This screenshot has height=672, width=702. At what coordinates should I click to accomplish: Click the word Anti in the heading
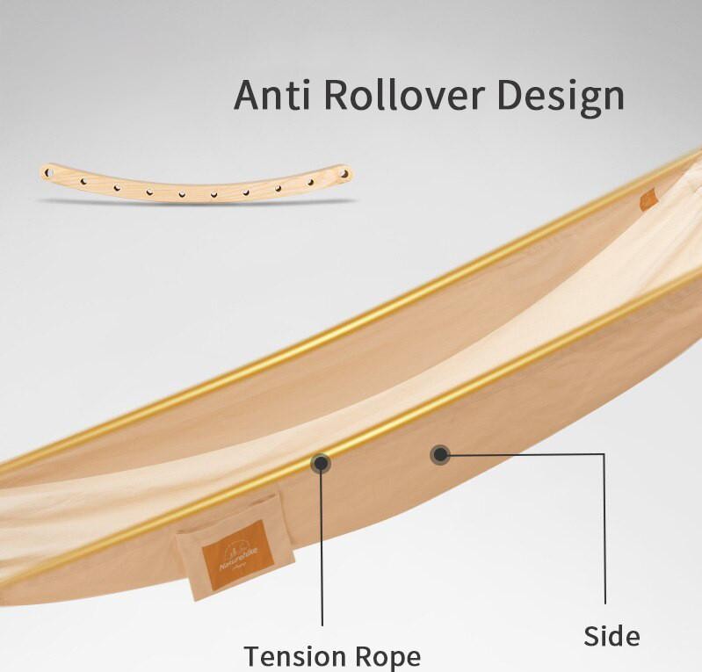pyautogui.click(x=271, y=95)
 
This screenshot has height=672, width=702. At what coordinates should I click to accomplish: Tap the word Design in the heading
pyautogui.click(x=561, y=98)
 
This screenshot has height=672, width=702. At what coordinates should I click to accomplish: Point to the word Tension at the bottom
pyautogui.click(x=295, y=656)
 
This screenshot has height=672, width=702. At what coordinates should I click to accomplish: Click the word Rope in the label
pyautogui.click(x=388, y=657)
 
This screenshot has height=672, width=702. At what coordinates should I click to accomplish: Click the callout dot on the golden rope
pyautogui.click(x=321, y=463)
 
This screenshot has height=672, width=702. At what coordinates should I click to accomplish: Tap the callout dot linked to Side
pyautogui.click(x=440, y=455)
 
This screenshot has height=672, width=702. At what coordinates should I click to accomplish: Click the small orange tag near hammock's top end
pyautogui.click(x=648, y=199)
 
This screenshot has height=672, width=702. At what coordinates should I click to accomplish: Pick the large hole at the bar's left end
pyautogui.click(x=48, y=172)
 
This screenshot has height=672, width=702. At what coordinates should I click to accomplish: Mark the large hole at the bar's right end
pyautogui.click(x=344, y=174)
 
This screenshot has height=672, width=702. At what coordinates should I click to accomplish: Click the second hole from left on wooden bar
pyautogui.click(x=83, y=181)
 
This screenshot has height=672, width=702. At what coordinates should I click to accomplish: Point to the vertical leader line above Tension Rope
pyautogui.click(x=322, y=545)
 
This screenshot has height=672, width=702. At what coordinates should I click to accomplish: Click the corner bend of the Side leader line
pyautogui.click(x=604, y=455)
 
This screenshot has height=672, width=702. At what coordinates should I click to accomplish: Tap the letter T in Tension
pyautogui.click(x=253, y=656)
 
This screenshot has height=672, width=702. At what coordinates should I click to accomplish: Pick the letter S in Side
pyautogui.click(x=592, y=635)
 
